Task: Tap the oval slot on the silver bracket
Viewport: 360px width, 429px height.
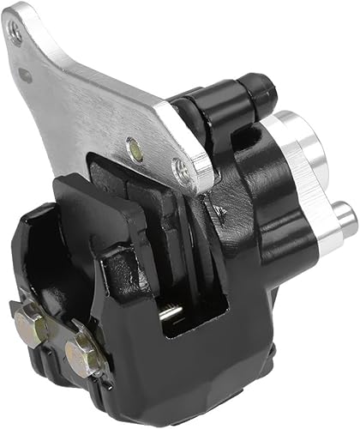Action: (x=26, y=75)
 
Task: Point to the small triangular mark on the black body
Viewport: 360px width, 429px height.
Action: (x=219, y=208)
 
